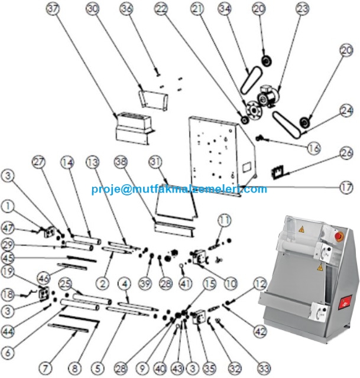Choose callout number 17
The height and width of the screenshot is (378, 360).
(x=345, y=189)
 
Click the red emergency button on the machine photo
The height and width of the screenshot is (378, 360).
(x=339, y=236)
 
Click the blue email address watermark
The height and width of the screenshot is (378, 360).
(x=179, y=190)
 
